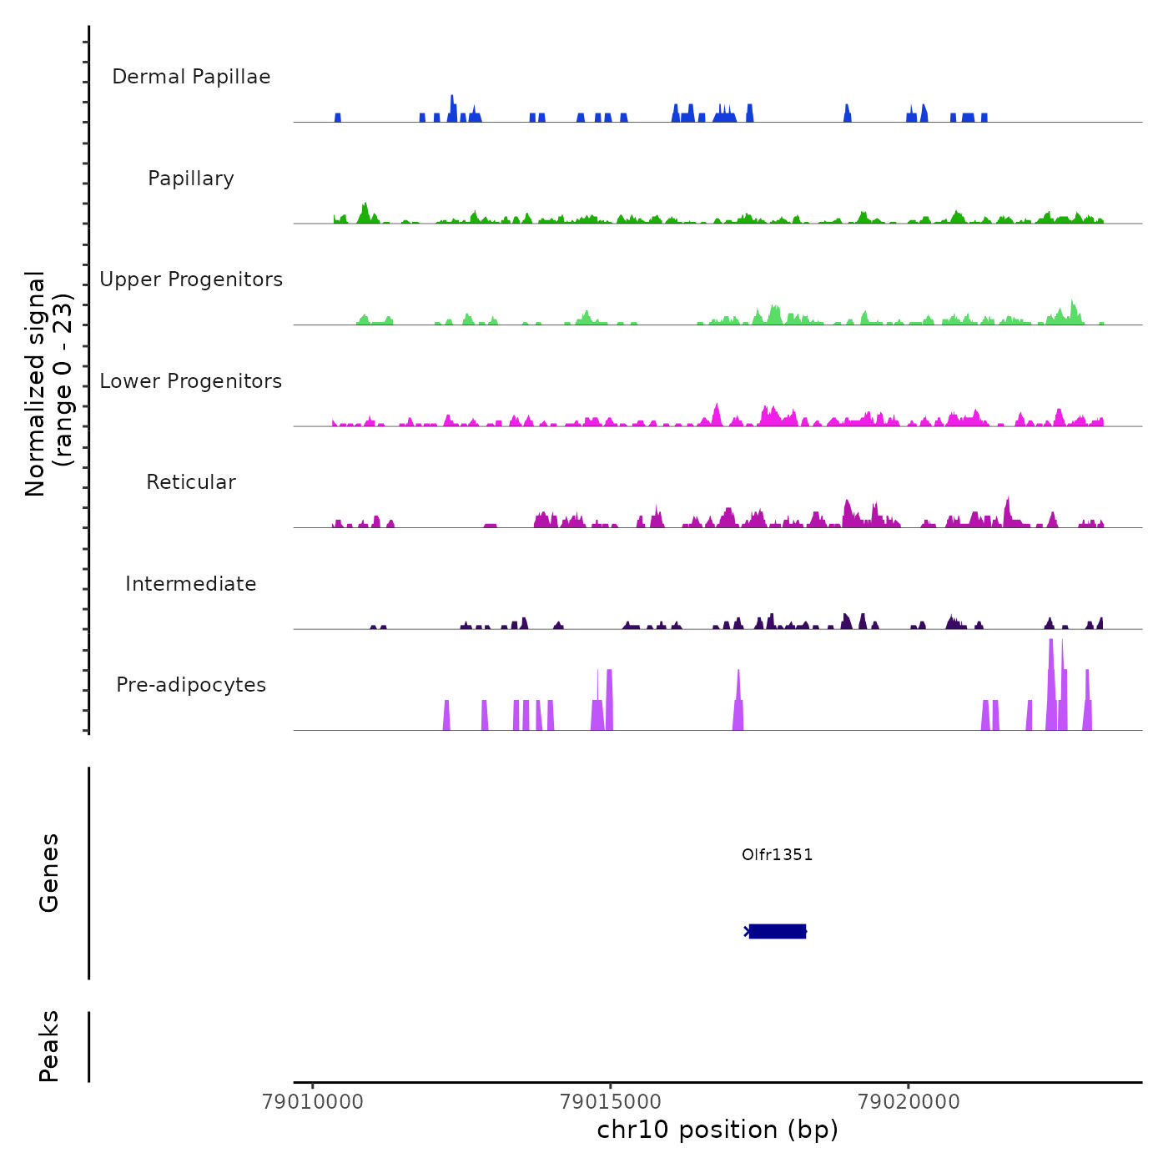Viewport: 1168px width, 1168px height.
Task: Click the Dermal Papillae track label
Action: click(191, 77)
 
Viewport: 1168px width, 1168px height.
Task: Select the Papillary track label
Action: click(191, 179)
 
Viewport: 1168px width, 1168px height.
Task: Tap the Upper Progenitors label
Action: click(191, 279)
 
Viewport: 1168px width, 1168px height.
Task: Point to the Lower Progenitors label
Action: click(191, 381)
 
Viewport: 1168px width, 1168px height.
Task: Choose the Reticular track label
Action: click(191, 482)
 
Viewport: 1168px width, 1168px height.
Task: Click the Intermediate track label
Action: click(191, 584)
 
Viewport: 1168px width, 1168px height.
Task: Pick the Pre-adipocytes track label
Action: click(191, 685)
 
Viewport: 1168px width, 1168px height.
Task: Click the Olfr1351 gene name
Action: click(777, 854)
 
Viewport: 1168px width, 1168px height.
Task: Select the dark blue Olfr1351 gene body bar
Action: click(777, 931)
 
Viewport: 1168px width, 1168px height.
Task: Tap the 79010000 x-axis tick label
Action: click(313, 1102)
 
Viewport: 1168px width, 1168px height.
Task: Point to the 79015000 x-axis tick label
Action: click(611, 1102)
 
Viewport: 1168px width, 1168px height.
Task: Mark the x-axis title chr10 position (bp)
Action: click(717, 1130)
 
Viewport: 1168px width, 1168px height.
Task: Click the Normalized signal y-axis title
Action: click(48, 383)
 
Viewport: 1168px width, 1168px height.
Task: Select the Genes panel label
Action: click(49, 873)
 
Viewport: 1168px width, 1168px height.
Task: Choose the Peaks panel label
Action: click(49, 1046)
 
